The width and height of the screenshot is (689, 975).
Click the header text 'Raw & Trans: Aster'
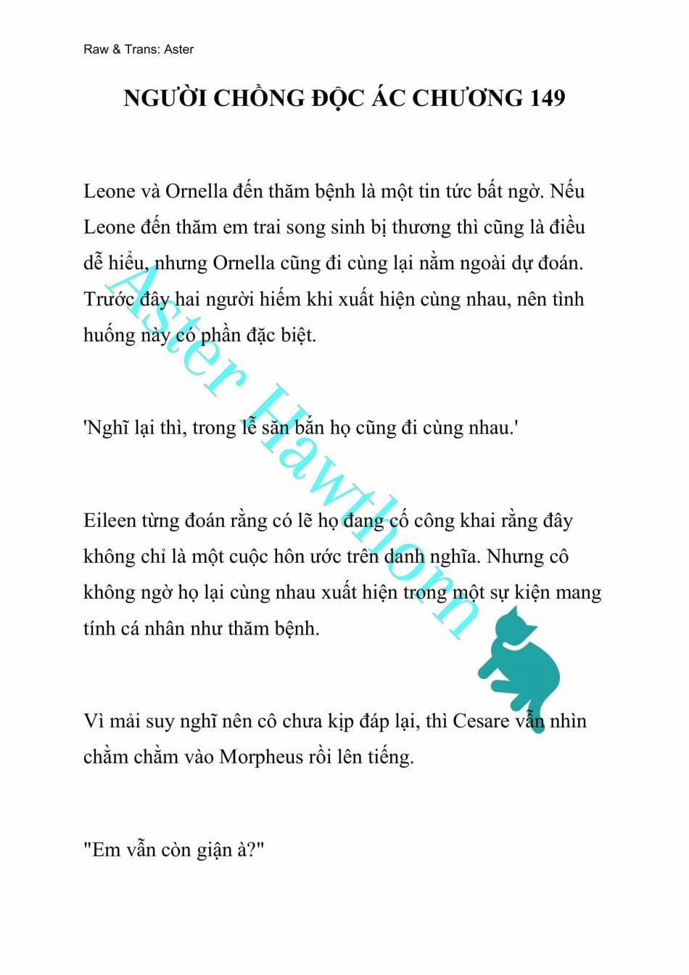pos(139,49)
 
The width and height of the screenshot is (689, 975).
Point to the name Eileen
pos(110,521)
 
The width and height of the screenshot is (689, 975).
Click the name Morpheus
pos(261,756)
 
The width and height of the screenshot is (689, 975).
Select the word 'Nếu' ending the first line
pos(567,191)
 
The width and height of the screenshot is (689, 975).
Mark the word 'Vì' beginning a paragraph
pos(95,721)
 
